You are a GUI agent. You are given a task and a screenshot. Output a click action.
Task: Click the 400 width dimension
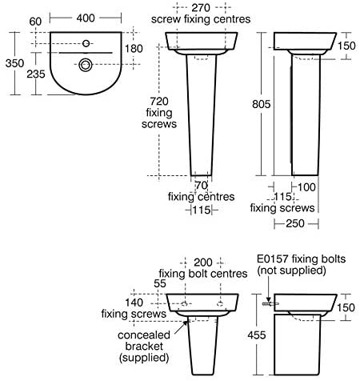tap(86, 18)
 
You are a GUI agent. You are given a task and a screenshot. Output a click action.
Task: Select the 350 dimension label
tap(14, 63)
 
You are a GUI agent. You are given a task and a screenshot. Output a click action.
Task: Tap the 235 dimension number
tap(36, 74)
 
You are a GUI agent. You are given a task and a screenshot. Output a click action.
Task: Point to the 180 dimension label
tap(134, 49)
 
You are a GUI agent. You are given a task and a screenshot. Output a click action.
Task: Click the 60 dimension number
tap(35, 22)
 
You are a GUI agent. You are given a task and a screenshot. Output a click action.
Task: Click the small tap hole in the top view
tap(86, 43)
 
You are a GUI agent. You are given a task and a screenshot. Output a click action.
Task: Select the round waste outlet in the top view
tap(86, 65)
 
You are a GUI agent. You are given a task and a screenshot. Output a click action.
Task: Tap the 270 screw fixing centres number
tap(201, 8)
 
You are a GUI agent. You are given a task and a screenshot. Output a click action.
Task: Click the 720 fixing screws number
tap(159, 102)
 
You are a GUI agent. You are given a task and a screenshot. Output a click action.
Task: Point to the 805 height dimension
tap(262, 104)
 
